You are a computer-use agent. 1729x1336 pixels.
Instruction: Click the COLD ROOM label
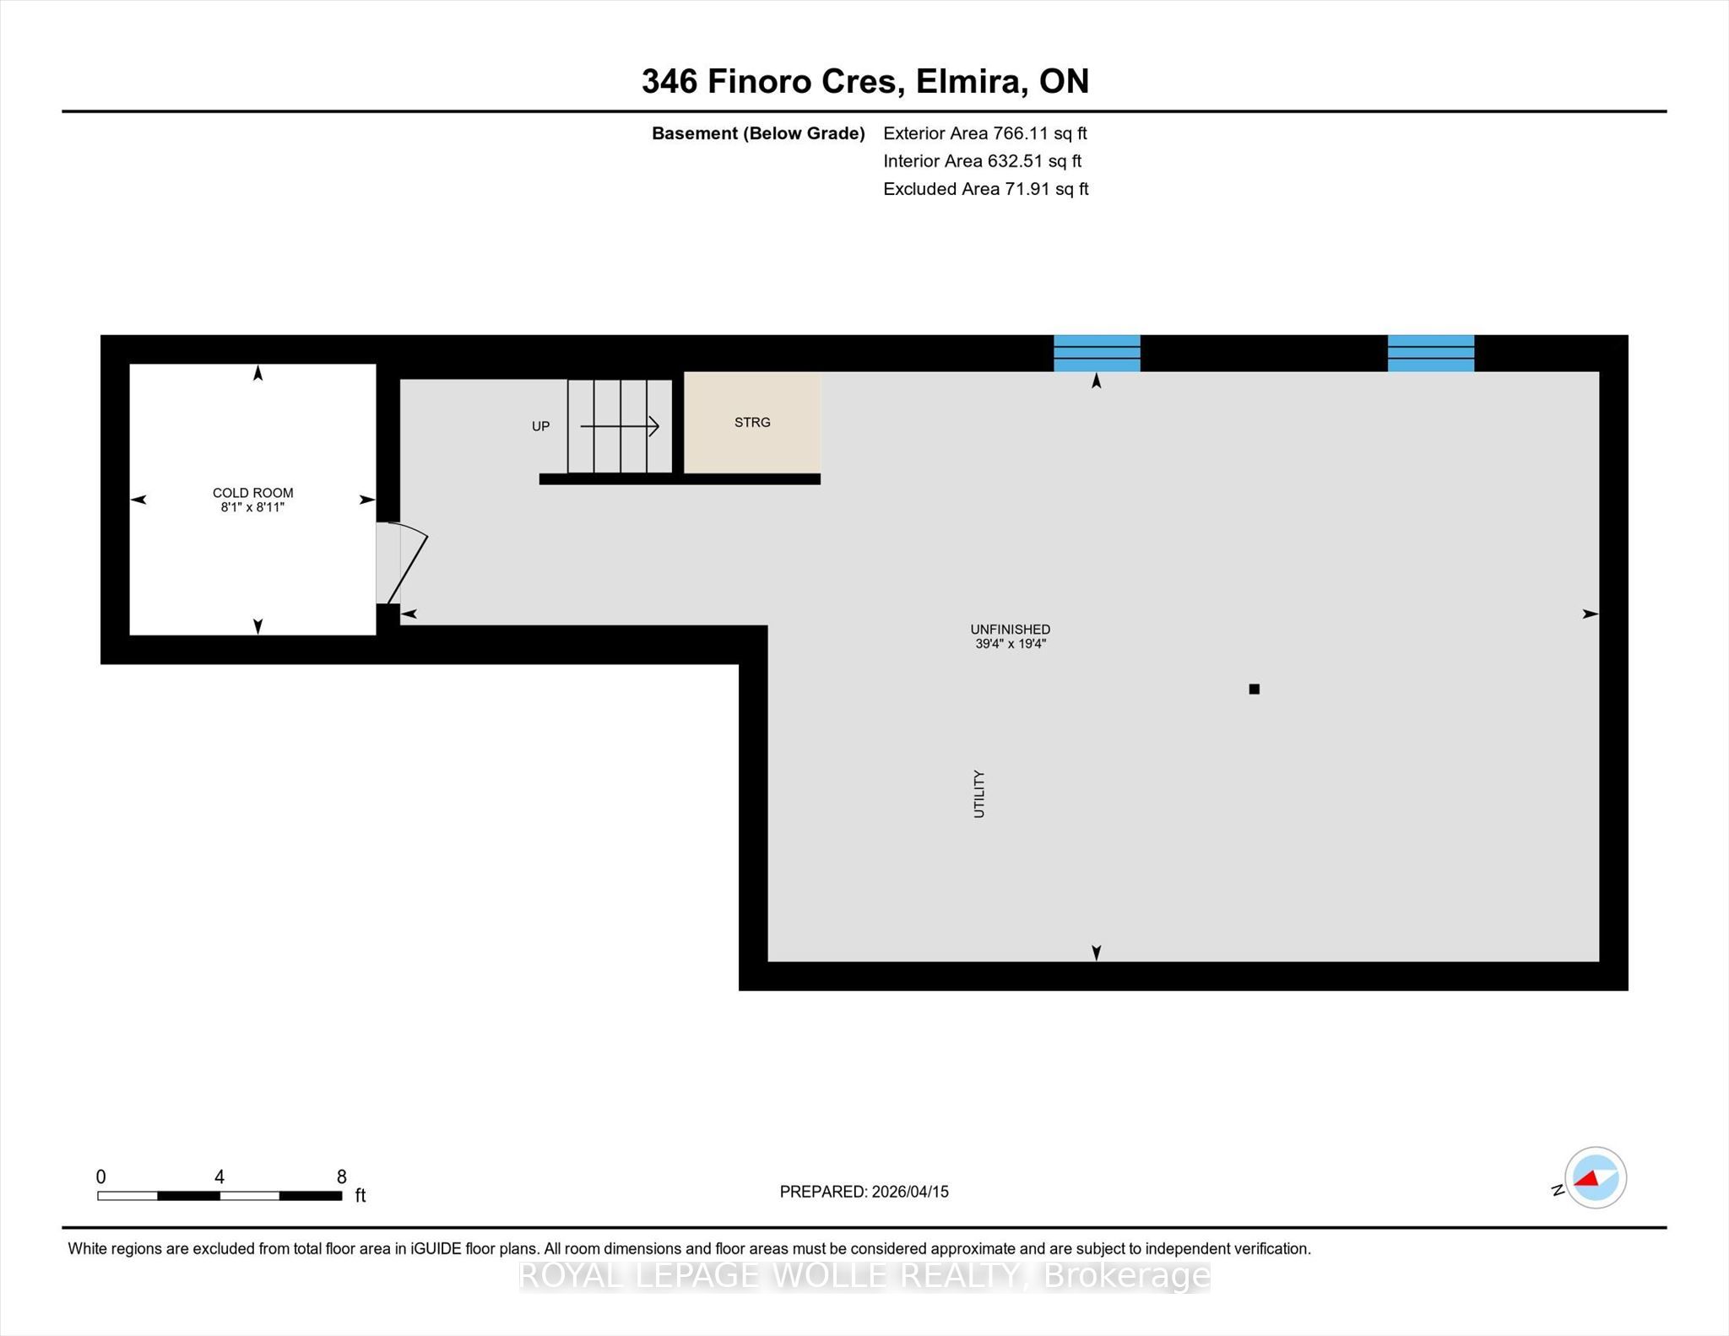[x=252, y=493]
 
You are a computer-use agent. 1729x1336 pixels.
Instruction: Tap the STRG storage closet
[x=751, y=422]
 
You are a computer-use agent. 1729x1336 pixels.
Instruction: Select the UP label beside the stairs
[x=540, y=426]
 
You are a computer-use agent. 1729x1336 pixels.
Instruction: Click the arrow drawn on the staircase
[x=620, y=426]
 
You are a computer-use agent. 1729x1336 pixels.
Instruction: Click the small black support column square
[x=1255, y=689]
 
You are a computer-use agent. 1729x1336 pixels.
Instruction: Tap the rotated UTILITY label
[x=979, y=793]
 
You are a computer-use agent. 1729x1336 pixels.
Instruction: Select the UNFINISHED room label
[x=1011, y=630]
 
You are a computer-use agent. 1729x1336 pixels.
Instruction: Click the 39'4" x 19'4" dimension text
[x=1011, y=644]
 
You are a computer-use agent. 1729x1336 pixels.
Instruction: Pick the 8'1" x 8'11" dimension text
[x=252, y=507]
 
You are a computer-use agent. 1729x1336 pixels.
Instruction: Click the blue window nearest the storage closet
[x=1097, y=353]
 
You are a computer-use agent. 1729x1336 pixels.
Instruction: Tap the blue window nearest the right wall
[x=1431, y=353]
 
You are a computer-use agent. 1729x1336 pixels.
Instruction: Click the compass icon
[x=1596, y=1178]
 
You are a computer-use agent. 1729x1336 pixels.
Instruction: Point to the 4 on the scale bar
[x=220, y=1176]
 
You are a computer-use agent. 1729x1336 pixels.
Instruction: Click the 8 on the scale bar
[x=341, y=1176]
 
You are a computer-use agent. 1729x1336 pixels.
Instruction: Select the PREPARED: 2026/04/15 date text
[x=864, y=1192]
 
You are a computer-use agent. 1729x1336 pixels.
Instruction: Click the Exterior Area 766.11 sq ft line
[x=985, y=133]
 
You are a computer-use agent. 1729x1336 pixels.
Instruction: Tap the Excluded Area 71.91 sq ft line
[x=986, y=189]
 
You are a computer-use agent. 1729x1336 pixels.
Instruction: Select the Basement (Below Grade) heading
[x=758, y=133]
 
